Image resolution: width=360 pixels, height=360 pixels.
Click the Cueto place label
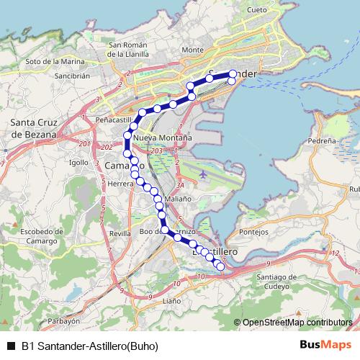[256, 10]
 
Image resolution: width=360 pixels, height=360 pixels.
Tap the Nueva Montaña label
[163, 137]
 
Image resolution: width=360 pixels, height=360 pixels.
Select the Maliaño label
[177, 198]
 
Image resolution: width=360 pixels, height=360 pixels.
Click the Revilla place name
[120, 234]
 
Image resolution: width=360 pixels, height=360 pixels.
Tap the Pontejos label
[253, 232]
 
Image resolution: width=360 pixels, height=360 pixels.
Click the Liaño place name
[171, 300]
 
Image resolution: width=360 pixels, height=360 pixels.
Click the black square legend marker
[10, 346]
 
